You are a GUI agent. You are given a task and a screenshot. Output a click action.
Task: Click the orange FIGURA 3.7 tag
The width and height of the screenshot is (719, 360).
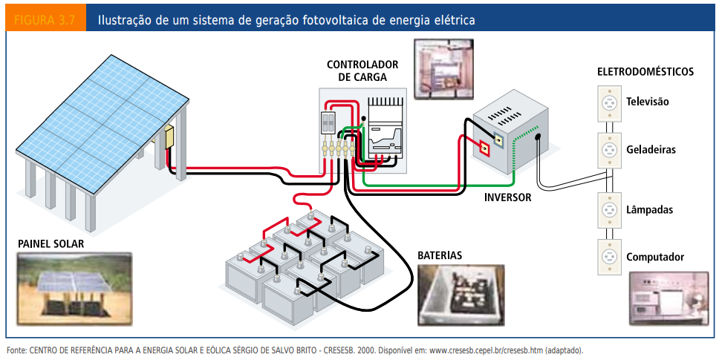point(45,20)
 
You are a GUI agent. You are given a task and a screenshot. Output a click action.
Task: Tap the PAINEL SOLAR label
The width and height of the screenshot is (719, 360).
point(51,243)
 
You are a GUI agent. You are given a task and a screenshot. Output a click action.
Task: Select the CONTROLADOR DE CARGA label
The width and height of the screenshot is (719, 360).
point(362,71)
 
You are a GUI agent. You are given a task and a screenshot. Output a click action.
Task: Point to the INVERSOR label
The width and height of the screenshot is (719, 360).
point(508,197)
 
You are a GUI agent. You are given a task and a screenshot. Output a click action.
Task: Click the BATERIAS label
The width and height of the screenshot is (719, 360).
point(440,255)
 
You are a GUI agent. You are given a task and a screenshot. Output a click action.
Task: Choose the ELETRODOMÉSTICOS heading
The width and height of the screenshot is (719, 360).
point(645,72)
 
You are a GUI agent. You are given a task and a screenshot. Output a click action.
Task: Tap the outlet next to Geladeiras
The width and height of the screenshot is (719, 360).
point(609,150)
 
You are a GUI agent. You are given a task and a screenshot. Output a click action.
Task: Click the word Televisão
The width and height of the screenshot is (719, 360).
point(648,102)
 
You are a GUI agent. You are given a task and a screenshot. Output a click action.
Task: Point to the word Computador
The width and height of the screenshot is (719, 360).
point(655,258)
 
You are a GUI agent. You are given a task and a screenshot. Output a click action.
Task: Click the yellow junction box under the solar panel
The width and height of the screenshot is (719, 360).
point(169,137)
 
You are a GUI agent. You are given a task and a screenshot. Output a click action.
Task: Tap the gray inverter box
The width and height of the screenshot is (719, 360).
point(513,137)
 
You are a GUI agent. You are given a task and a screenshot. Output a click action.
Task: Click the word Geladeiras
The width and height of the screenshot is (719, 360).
point(651,150)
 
